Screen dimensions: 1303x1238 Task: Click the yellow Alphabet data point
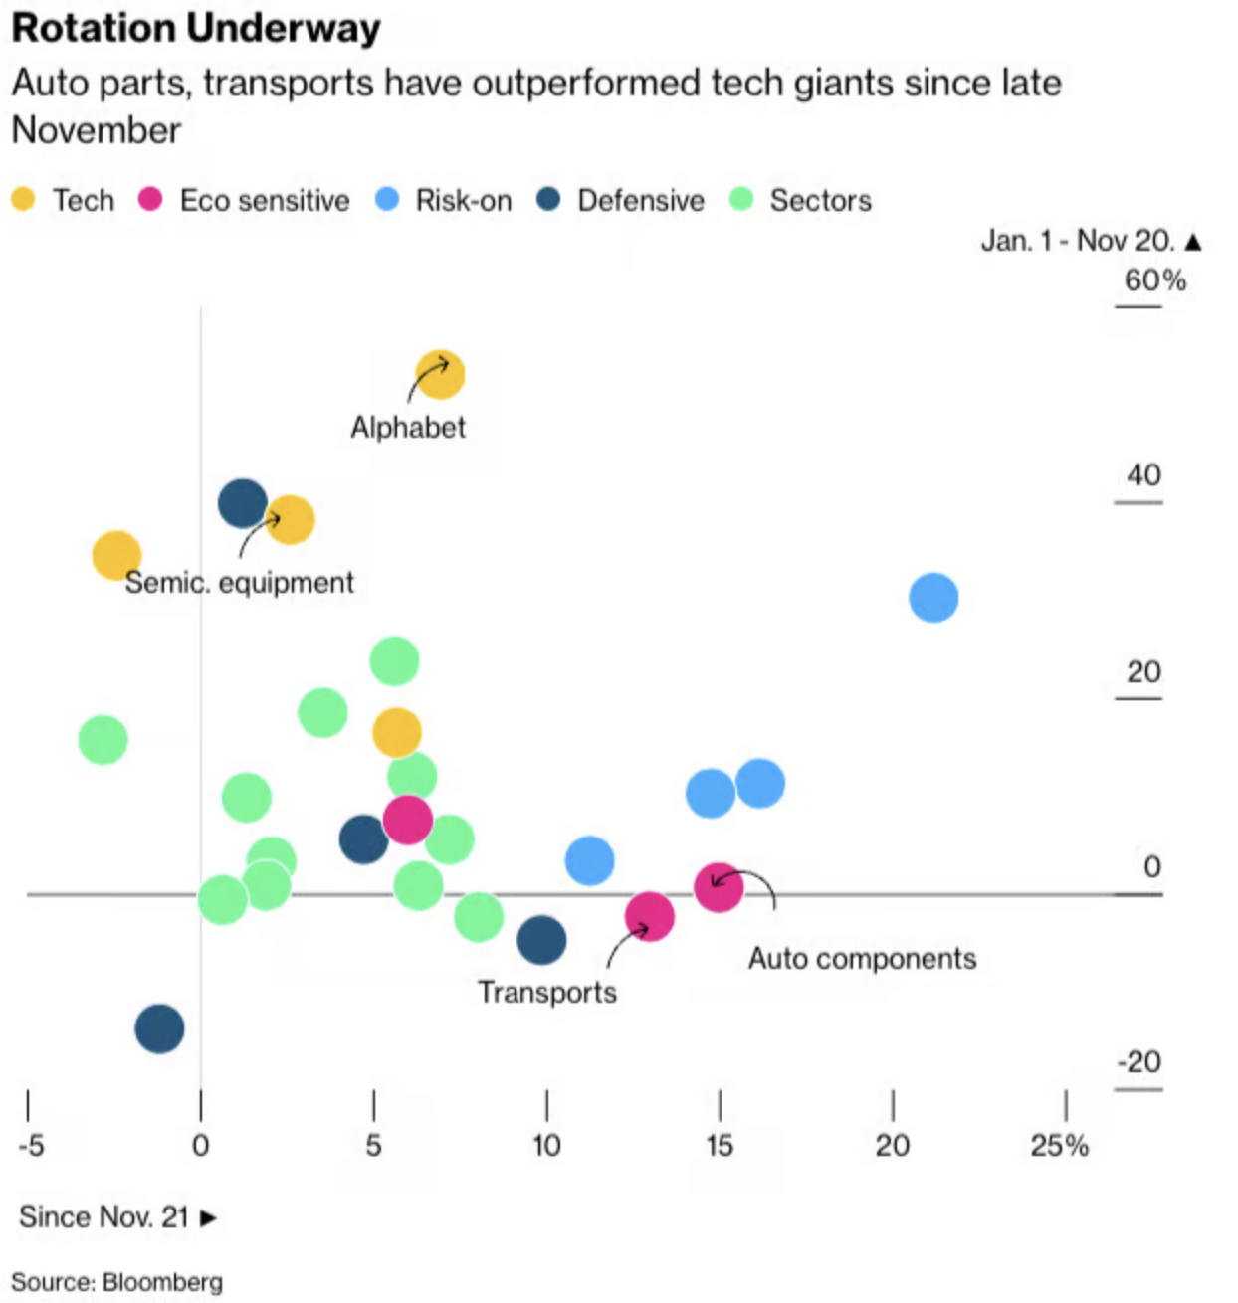pos(440,375)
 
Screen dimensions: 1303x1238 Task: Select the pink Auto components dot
pos(719,886)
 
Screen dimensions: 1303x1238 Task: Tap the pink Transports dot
pos(650,917)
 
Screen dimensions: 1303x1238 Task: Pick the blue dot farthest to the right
pos(933,598)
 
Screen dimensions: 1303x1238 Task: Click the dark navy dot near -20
pos(160,1028)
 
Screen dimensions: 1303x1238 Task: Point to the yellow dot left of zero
pos(116,555)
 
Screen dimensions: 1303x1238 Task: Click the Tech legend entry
pos(65,200)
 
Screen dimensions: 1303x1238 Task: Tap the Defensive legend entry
pos(621,200)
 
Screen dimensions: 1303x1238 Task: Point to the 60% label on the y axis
pos(1154,280)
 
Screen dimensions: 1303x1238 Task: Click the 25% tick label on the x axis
pos(1060,1146)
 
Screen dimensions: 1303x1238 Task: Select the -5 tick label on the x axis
pos(31,1146)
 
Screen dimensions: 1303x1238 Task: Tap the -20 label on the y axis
pos(1139,1062)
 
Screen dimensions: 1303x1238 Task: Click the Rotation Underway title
pos(196,27)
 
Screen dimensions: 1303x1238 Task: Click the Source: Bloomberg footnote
pos(117,1282)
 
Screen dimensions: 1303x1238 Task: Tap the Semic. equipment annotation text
pos(239,583)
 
